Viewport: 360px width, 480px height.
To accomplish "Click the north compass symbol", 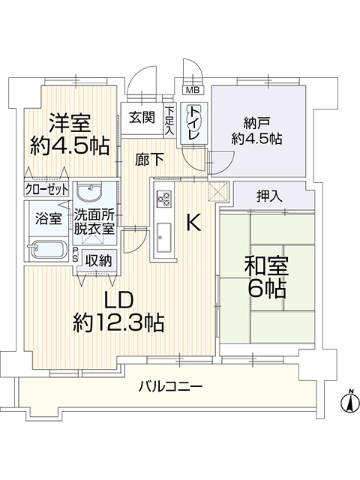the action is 350,400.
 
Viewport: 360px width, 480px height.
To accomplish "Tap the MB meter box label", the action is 193,90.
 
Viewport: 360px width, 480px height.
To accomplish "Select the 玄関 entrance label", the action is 142,118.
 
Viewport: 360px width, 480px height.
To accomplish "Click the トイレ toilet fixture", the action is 193,122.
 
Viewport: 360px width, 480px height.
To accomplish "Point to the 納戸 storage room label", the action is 256,123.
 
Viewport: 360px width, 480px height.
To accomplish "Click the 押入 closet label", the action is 269,196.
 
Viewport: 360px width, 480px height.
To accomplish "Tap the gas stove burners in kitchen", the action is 164,199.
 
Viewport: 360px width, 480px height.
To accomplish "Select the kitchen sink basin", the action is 164,235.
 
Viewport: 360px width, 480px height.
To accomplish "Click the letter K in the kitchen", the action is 193,222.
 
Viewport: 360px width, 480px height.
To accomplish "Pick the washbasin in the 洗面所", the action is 89,192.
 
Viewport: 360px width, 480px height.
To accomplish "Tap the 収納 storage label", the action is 98,260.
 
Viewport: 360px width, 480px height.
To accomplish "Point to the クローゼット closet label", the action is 46,190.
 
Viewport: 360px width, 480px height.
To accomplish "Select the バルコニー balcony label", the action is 170,387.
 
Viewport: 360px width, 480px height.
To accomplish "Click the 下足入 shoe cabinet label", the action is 169,121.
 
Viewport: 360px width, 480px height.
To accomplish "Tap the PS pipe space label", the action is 75,255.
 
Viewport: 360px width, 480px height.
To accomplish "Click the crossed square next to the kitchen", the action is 218,192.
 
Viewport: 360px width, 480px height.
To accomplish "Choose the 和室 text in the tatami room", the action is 266,265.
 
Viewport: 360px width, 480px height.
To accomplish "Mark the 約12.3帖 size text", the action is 118,322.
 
